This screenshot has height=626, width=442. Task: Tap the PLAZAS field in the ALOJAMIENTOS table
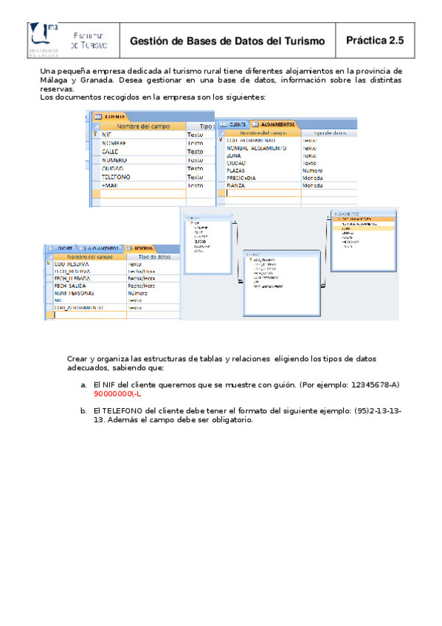pyautogui.click(x=236, y=171)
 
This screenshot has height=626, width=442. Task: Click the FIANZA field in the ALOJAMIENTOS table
pyautogui.click(x=236, y=185)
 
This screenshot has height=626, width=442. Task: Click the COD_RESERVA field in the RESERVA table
pyautogui.click(x=72, y=264)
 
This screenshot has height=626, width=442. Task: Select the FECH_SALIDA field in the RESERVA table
pyautogui.click(x=72, y=286)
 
